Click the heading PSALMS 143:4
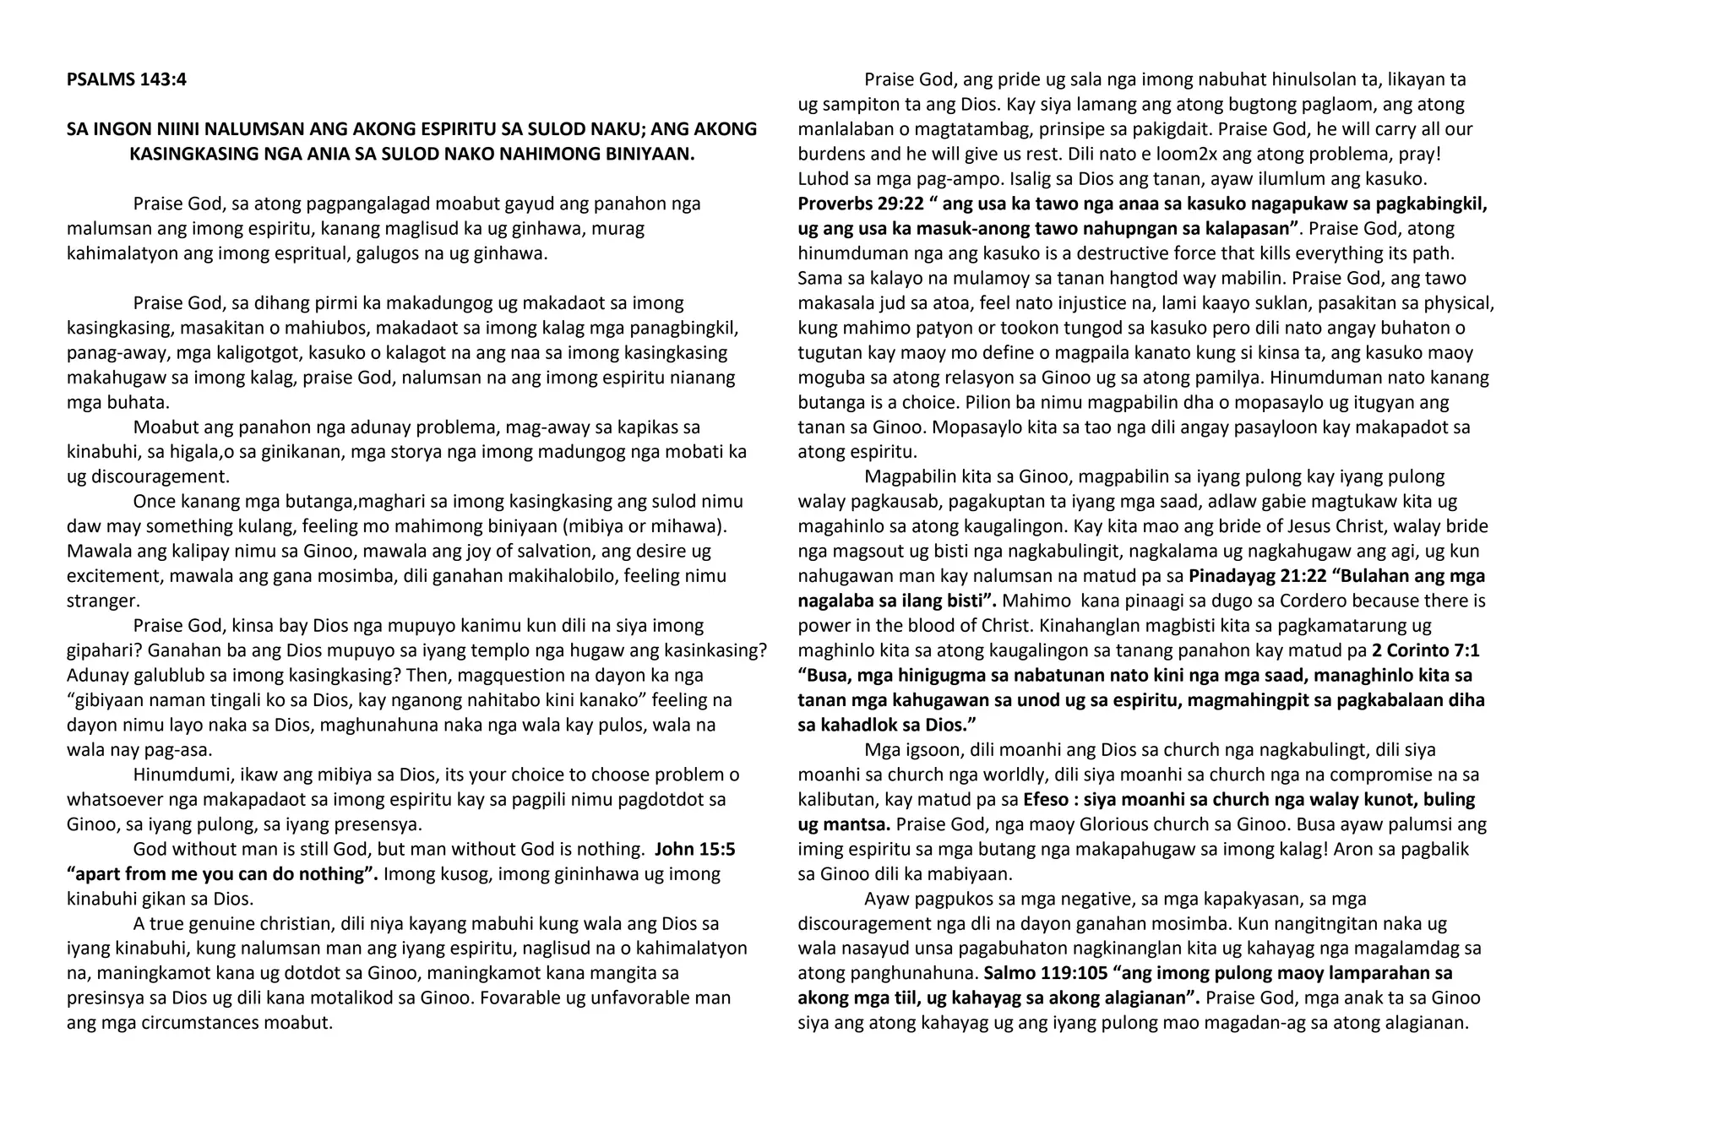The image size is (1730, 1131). (x=127, y=79)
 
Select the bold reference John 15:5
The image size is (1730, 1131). (x=694, y=849)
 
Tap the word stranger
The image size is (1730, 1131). (x=102, y=601)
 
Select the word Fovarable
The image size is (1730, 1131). (x=520, y=998)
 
